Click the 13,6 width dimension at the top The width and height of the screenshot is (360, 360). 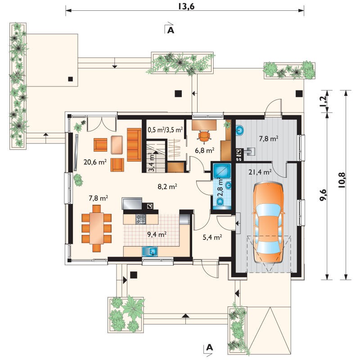[186, 6]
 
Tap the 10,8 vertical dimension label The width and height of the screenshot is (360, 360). [342, 180]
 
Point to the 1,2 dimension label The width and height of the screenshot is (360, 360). [323, 101]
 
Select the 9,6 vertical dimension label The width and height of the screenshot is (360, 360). [323, 195]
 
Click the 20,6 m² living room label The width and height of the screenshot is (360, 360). [95, 162]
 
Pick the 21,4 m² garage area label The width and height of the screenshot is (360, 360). [260, 172]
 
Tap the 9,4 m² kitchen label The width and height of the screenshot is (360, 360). [157, 234]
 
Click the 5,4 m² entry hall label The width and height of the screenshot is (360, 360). [212, 237]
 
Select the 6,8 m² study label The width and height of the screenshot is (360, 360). [205, 151]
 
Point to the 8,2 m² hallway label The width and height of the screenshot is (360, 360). [167, 187]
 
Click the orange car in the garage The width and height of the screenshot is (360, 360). [268, 222]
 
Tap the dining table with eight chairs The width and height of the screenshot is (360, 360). [96, 229]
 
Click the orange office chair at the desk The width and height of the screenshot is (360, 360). [204, 136]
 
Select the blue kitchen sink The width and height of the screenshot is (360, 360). [150, 252]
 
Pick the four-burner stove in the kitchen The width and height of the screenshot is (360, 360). [140, 219]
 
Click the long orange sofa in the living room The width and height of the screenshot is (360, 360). [134, 144]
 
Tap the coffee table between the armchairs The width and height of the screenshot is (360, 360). [117, 145]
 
